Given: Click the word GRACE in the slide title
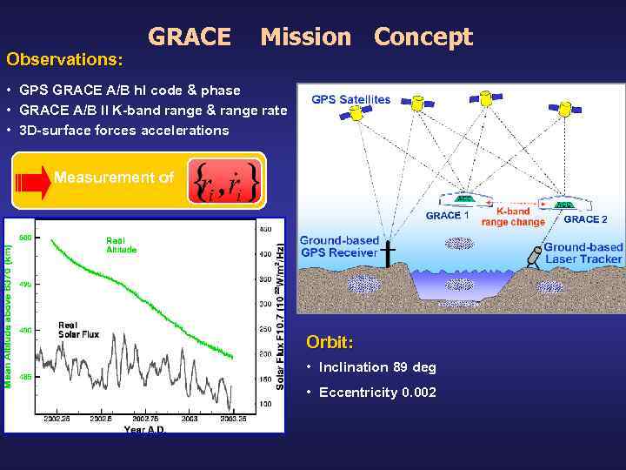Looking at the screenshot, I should [x=190, y=37].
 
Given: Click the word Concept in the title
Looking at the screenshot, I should [x=423, y=37].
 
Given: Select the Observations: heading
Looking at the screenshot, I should [x=64, y=60].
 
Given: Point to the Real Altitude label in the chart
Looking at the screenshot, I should [x=121, y=245].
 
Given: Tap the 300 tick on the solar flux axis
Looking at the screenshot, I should [x=265, y=304].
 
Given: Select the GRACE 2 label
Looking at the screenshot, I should [x=585, y=219].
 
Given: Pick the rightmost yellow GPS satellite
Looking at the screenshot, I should [x=569, y=108].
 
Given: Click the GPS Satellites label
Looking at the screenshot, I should [x=350, y=99].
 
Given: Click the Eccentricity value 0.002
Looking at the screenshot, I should [x=419, y=393].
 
